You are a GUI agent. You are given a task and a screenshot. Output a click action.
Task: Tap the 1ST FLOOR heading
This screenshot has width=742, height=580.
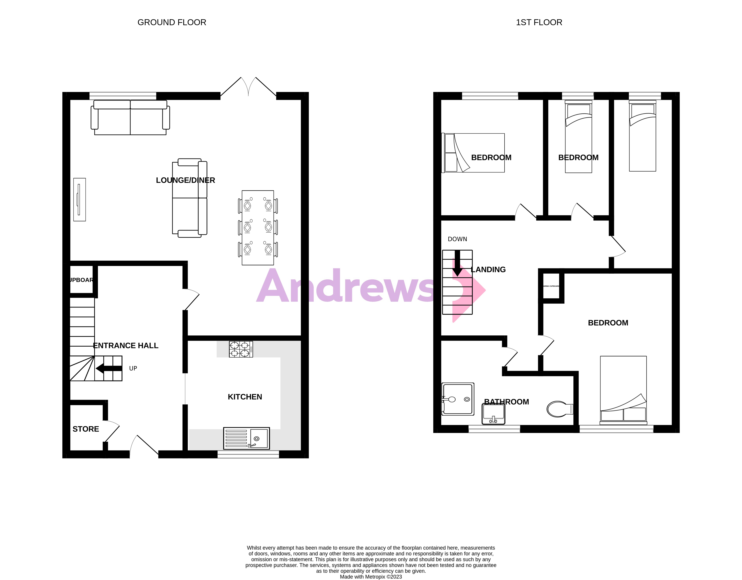[539, 22]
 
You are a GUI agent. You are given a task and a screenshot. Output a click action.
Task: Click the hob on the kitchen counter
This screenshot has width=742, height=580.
[241, 349]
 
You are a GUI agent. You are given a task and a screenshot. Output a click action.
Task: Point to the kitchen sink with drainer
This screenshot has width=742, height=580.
[246, 438]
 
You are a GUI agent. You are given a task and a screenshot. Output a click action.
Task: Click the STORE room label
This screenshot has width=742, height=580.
[86, 429]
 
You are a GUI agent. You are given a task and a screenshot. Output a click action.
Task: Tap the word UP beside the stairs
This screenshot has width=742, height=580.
[133, 368]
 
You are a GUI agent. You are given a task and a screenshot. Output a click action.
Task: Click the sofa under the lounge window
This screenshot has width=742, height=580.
[130, 118]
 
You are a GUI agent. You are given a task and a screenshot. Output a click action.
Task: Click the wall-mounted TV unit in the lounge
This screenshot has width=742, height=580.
[80, 200]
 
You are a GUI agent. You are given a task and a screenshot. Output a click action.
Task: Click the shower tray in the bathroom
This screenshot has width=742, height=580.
[458, 399]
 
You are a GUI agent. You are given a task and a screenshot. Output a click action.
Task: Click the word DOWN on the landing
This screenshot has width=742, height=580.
[457, 239]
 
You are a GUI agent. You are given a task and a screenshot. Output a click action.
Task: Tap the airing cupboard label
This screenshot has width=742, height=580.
[551, 286]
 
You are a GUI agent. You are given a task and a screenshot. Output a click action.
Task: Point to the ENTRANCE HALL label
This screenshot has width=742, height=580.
[126, 346]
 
